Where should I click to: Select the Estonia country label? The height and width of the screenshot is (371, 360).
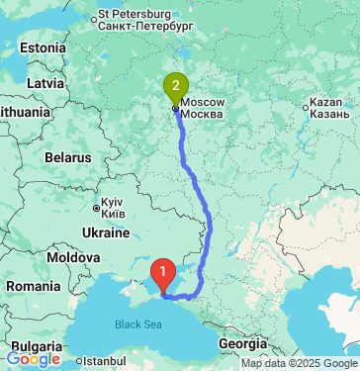click(x=42, y=48)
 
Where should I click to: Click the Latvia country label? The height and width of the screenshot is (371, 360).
click(x=45, y=82)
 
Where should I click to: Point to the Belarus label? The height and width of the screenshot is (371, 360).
click(x=68, y=157)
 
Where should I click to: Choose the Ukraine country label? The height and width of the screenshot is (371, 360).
click(x=106, y=232)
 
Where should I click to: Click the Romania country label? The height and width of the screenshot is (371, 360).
click(x=32, y=286)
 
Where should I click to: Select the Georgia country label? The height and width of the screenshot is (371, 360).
click(x=242, y=343)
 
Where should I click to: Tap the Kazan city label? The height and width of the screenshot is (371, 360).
click(x=325, y=102)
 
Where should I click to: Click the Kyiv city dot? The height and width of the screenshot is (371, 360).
click(x=96, y=208)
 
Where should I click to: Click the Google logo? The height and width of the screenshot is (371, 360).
click(x=33, y=359)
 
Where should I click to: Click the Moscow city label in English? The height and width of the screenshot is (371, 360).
click(x=204, y=102)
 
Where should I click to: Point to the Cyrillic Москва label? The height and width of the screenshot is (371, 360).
click(x=204, y=114)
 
